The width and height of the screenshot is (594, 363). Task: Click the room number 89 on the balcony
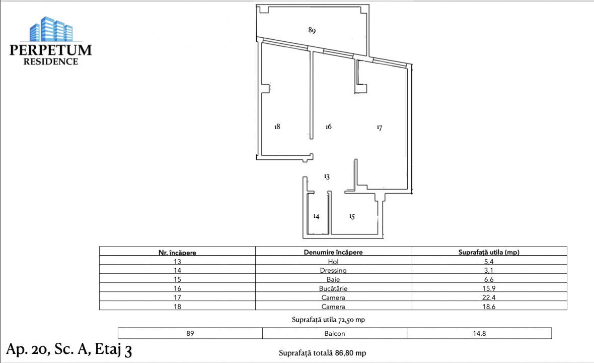(312, 30)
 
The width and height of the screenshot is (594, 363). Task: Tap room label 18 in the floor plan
(277, 127)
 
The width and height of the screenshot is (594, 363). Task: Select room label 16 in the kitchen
(328, 127)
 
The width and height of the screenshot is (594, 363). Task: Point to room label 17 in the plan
(380, 128)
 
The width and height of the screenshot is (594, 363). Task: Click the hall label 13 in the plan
(327, 177)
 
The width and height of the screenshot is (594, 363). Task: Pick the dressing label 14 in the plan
(316, 216)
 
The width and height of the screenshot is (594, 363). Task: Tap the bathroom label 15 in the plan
(352, 217)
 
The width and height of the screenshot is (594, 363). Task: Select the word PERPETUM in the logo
(51, 50)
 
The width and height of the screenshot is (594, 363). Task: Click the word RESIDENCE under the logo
(51, 62)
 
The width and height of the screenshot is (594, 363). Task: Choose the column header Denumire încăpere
(333, 252)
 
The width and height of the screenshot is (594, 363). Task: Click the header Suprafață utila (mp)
(489, 252)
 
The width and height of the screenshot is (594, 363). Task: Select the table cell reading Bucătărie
(333, 288)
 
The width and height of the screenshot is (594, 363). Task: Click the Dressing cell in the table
(333, 270)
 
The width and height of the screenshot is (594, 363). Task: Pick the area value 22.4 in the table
(489, 297)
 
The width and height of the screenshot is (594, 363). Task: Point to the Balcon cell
(335, 333)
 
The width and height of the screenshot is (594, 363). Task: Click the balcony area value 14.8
(479, 333)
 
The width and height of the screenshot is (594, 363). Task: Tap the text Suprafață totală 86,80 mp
(322, 353)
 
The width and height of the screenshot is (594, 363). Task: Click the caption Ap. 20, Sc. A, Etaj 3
(69, 349)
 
